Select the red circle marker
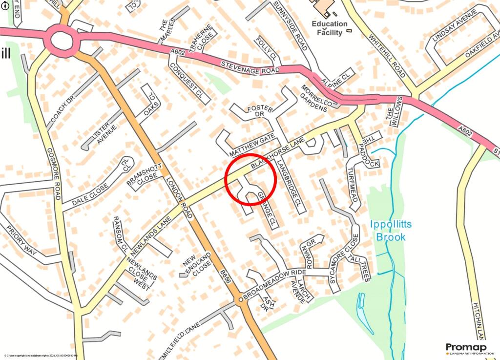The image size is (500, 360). [x=251, y=180]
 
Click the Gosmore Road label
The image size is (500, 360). [x=53, y=174]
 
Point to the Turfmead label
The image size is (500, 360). [x=353, y=185]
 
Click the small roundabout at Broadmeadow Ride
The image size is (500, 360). [x=240, y=300]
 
